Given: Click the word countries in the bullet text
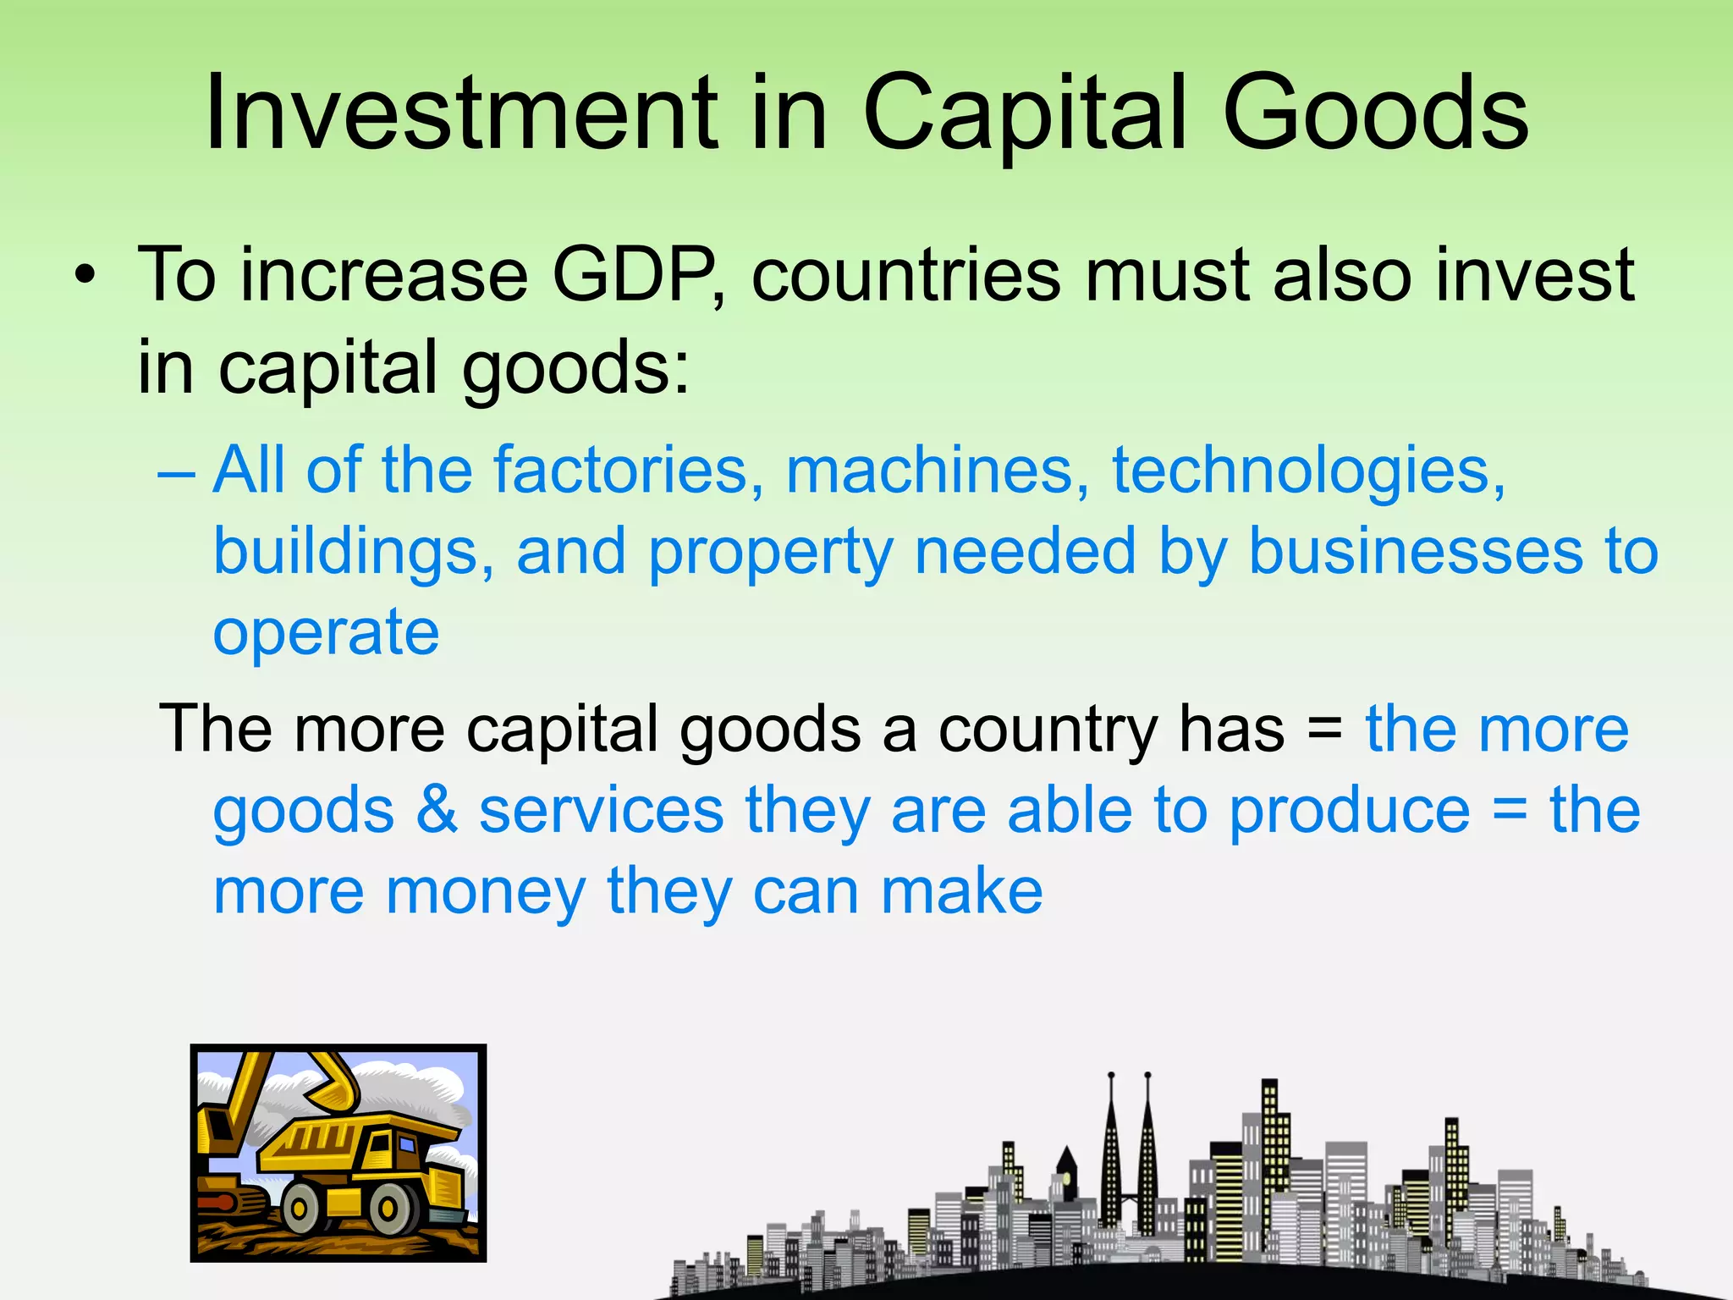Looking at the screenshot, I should coord(905,275).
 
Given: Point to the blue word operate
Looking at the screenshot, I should coord(326,632).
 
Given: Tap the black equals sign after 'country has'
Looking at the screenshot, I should coord(1324,730).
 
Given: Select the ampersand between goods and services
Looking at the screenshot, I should coord(437,810).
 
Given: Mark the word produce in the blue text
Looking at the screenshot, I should coord(1350,810).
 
